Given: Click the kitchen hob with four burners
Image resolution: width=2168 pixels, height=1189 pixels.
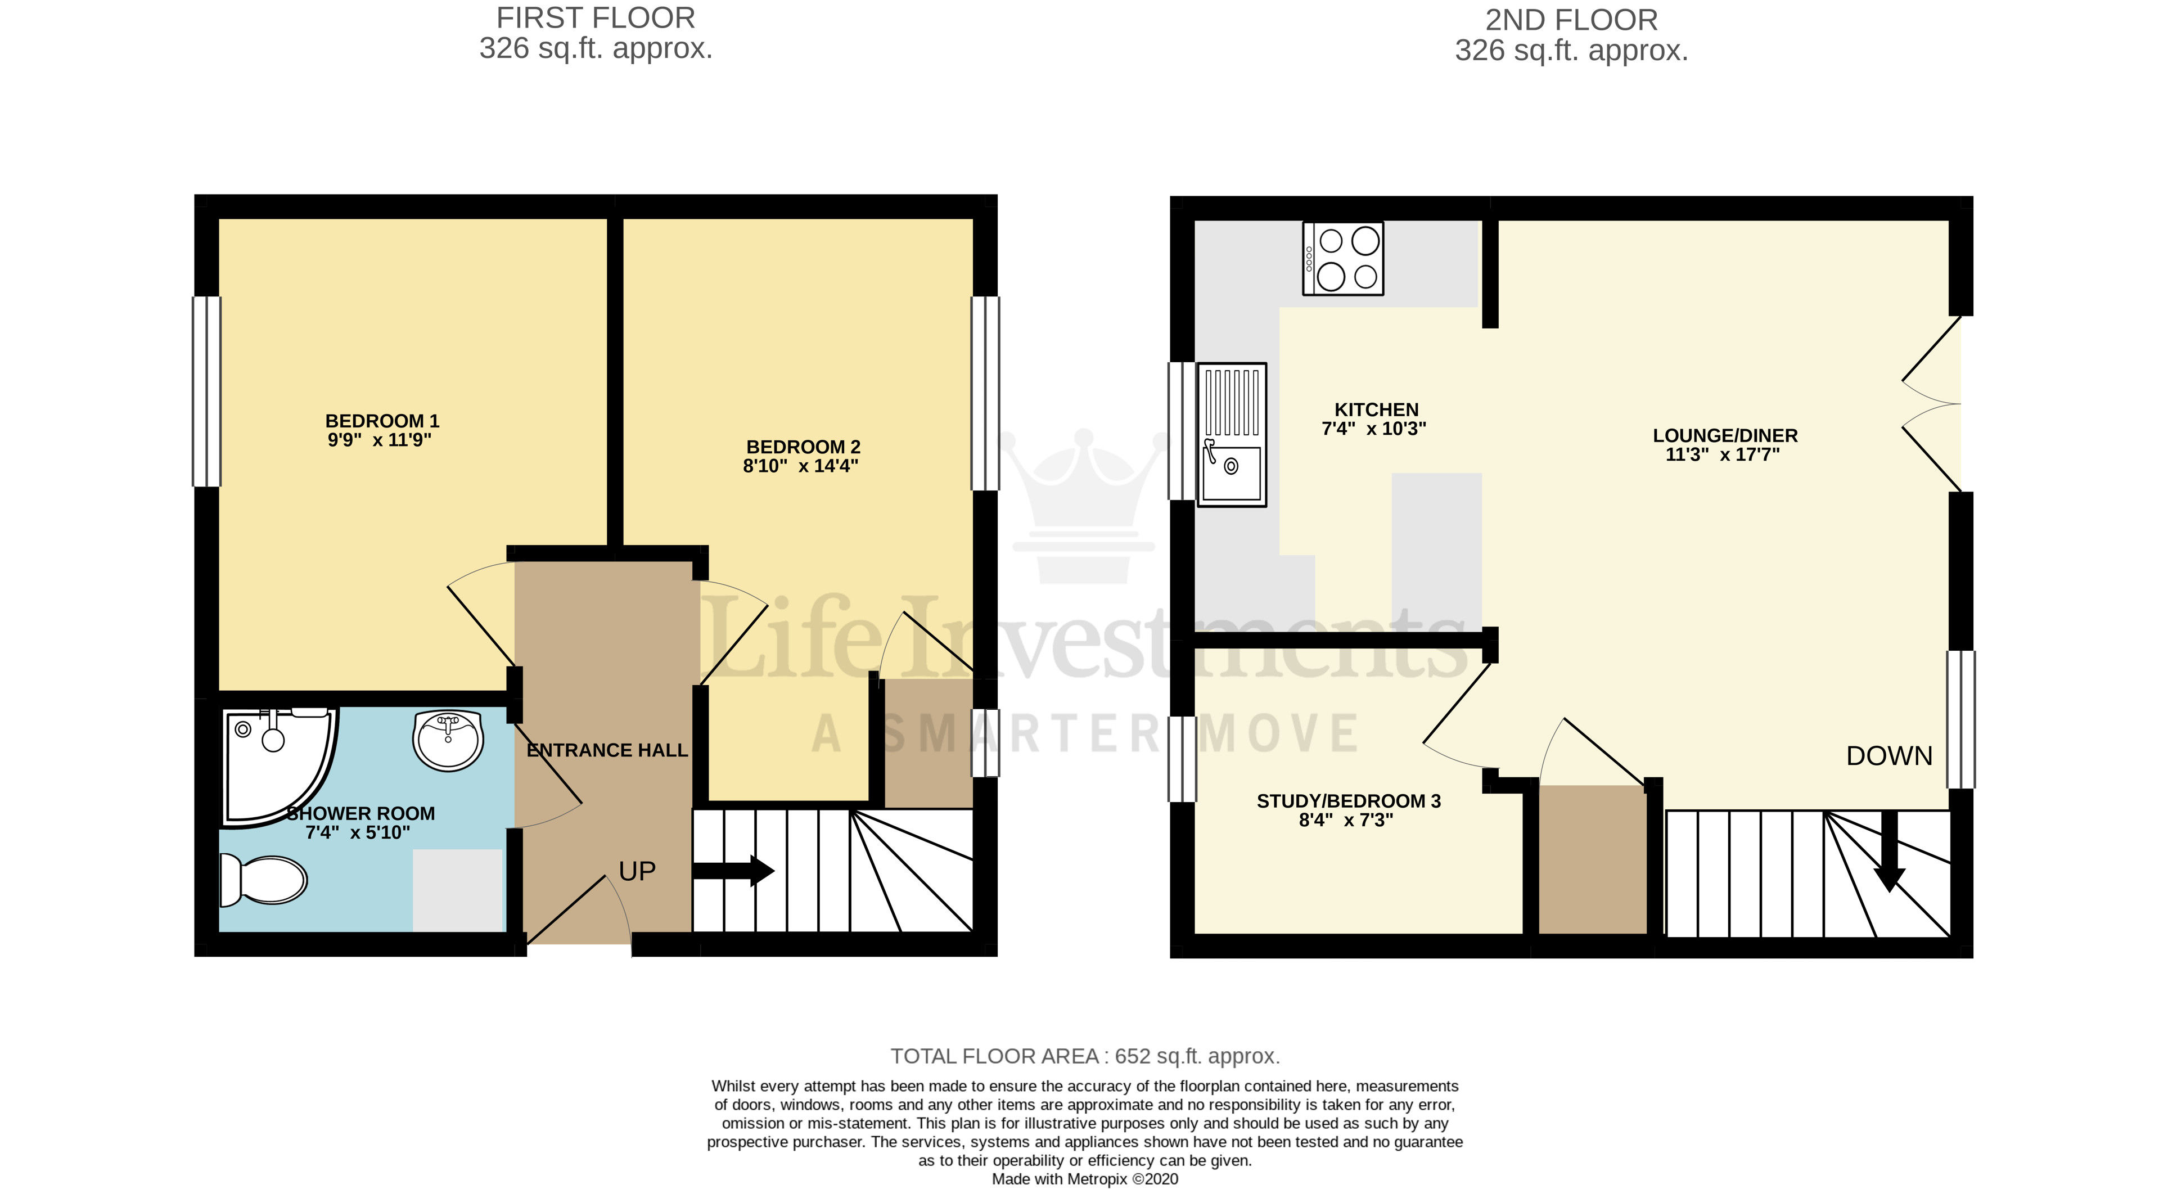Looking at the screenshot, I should coord(1342,258).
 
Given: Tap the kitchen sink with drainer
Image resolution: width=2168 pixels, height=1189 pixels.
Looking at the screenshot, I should coord(1231,434).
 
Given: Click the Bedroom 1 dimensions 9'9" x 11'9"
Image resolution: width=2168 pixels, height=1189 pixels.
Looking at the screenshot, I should coord(380,440).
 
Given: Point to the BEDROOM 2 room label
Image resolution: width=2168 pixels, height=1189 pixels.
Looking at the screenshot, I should coord(803,447).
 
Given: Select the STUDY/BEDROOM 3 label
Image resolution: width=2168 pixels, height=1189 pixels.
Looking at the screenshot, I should coord(1348,801).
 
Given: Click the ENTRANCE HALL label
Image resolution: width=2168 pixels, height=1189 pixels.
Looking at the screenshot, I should coord(607,750).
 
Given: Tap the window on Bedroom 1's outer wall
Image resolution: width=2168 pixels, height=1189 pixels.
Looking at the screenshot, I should coord(207,391).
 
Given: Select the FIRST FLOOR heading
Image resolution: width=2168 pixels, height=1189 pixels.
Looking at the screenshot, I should coord(595,17).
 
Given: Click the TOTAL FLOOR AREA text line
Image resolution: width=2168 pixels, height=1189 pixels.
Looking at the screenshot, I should coord(1085,1056).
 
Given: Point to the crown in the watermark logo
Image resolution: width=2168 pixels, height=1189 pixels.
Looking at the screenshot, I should coord(1083,505).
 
